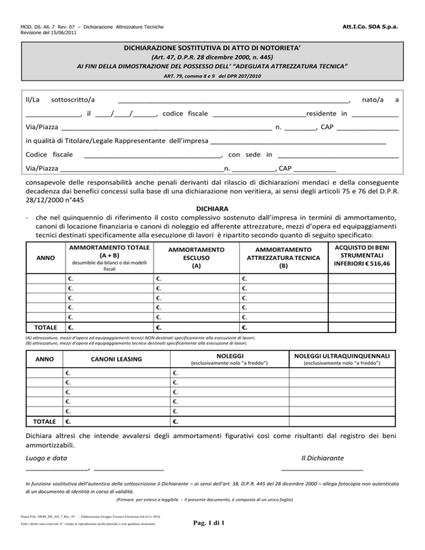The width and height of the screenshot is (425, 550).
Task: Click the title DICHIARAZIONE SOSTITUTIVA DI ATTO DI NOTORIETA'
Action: pos(212,47)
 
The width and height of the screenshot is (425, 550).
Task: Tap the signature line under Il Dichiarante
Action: pos(322,469)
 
